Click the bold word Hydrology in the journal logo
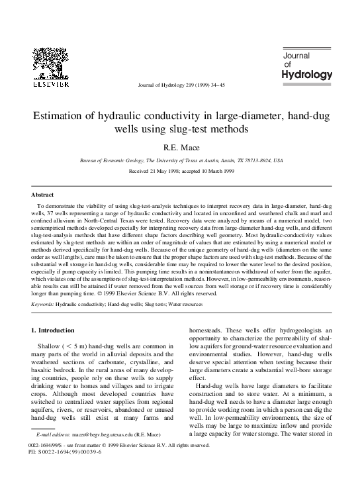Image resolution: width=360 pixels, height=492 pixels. click(x=307, y=75)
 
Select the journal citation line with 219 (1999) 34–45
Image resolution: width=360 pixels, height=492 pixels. click(x=179, y=85)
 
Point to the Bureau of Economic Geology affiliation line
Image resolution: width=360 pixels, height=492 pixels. click(x=180, y=161)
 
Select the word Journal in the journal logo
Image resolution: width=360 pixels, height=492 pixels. click(x=298, y=55)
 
